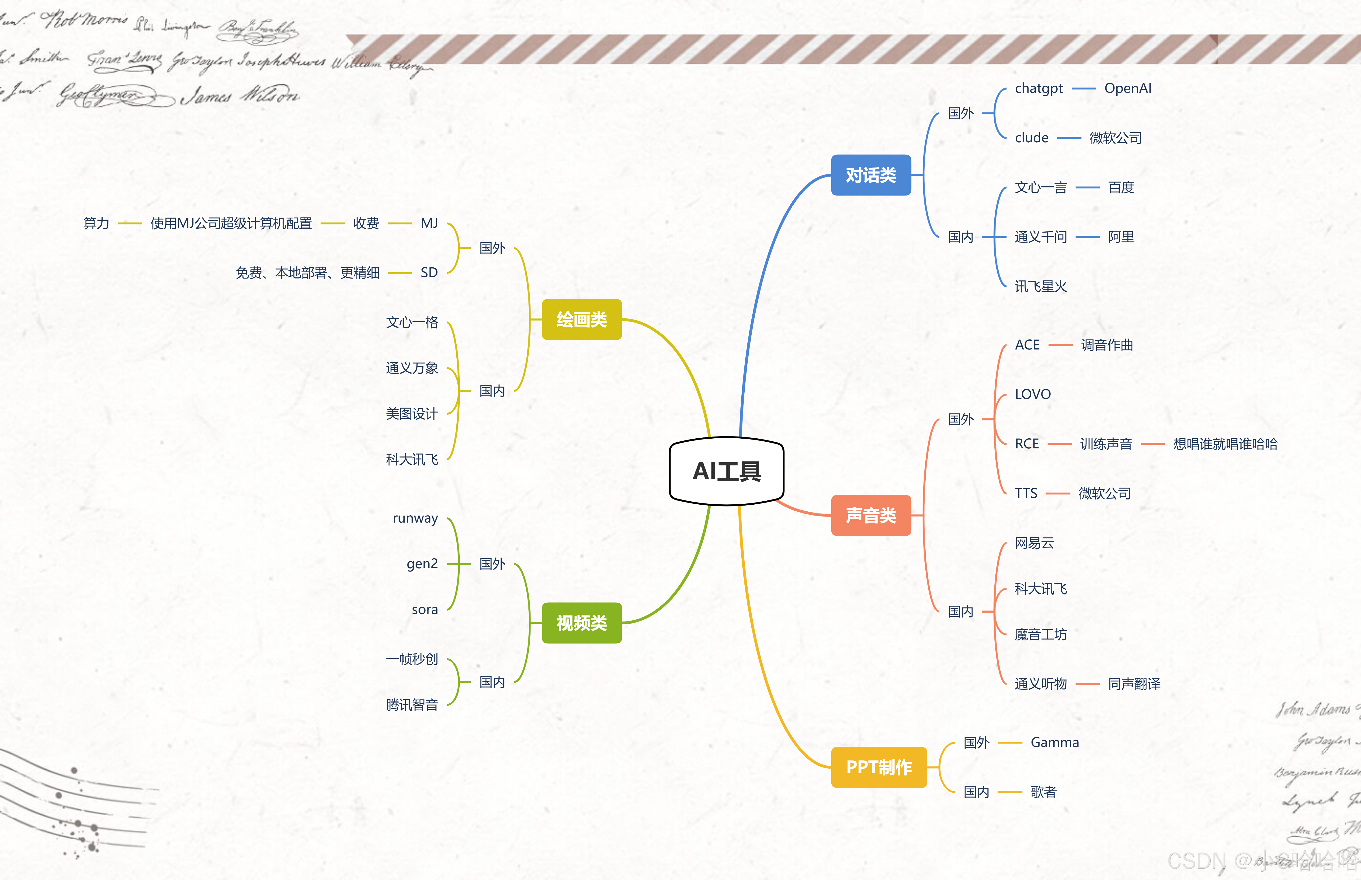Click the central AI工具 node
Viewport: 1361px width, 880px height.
(x=726, y=471)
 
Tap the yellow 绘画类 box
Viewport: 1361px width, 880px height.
(x=581, y=319)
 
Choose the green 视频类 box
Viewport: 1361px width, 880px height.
(x=581, y=623)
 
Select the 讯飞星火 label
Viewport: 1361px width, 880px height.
(x=1041, y=286)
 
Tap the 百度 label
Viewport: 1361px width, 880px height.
(x=1121, y=187)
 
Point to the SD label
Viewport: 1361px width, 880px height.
(x=429, y=272)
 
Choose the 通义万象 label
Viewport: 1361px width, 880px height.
(x=412, y=368)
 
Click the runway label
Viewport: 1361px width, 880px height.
(x=415, y=518)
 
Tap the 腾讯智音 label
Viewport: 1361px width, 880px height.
(x=412, y=705)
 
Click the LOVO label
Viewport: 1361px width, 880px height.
(x=1033, y=394)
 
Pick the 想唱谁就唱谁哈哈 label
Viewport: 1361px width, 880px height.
(x=1225, y=444)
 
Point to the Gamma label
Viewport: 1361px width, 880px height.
(x=1054, y=742)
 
